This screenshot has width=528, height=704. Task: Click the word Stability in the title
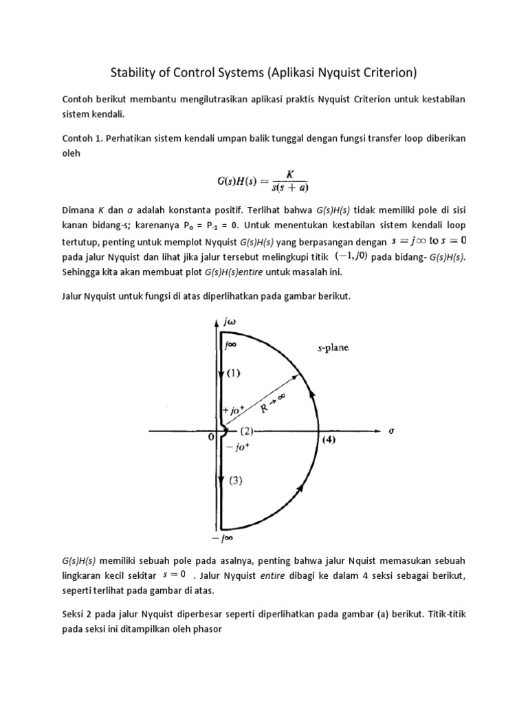pos(135,71)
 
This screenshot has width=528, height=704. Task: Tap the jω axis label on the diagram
pos(227,322)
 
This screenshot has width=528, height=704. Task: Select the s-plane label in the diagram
pos(332,348)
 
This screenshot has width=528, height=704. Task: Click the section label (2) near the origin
pos(247,432)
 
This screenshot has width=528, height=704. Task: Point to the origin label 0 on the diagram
pos(211,443)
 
